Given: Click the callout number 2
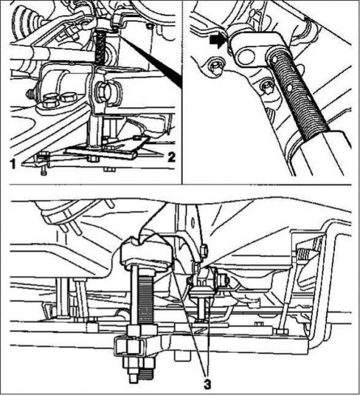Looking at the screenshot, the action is (x=171, y=157).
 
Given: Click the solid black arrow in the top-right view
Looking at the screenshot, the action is (x=217, y=41).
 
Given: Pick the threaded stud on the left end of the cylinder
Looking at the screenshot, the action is (x=31, y=94).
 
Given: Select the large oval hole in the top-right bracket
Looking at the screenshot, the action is (x=245, y=55).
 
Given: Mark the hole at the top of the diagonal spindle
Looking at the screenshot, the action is (x=275, y=59).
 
